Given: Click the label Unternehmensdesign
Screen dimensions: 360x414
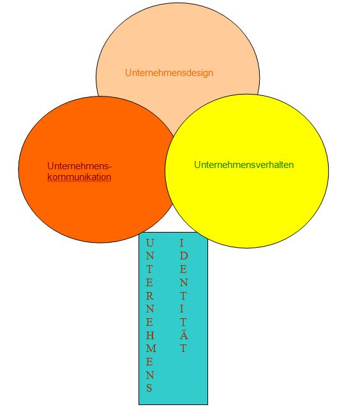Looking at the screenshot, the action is coord(169,73).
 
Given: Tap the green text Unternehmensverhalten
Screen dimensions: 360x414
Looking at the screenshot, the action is coord(244,165).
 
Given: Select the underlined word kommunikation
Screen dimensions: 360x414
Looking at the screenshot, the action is coord(79,177).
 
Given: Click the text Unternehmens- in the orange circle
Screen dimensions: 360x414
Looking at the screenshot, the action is coord(80,166).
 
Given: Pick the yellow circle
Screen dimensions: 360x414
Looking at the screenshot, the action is coord(247,171).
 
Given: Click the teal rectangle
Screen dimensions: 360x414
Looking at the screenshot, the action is coord(173,318).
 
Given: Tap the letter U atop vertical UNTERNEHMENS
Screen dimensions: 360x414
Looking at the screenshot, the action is coord(149,243).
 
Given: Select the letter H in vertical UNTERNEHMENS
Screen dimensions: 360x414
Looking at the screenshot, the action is coord(150,335).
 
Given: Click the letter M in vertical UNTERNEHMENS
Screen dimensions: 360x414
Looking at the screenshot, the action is coord(151,349).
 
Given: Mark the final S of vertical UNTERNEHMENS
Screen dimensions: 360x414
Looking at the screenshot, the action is coord(149,388).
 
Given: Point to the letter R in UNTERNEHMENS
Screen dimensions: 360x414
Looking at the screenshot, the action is coord(150,296).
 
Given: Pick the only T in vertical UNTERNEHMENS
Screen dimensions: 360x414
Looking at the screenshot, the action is coord(149,269).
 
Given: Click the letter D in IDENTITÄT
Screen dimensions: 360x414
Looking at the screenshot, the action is coord(184,256).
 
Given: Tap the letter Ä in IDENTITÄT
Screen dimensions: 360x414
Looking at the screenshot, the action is coord(184,335).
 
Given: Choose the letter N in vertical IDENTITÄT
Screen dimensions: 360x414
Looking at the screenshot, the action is coord(184,282).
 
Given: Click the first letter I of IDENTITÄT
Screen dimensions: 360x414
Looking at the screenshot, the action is coord(182,243).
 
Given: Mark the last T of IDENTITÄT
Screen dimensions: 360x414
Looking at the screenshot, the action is coord(184,349).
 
